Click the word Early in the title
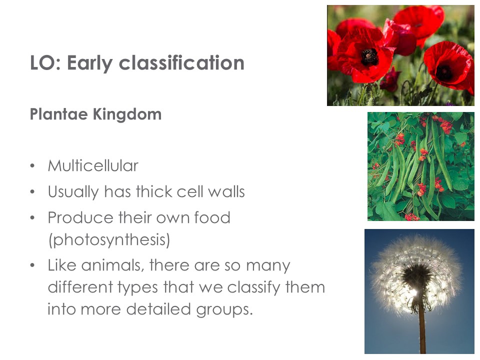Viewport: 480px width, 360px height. [x=89, y=63]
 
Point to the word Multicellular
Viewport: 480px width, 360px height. [x=93, y=165]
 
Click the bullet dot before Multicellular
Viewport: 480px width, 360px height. [x=32, y=166]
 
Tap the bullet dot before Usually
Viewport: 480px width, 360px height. [x=32, y=192]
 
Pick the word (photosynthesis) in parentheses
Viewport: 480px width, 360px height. [x=109, y=239]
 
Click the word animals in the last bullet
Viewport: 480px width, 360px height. [x=112, y=265]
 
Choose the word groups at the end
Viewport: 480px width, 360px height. [x=224, y=309]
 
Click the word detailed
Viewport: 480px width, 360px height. [x=158, y=309]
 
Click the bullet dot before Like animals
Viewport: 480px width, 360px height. [x=32, y=265]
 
